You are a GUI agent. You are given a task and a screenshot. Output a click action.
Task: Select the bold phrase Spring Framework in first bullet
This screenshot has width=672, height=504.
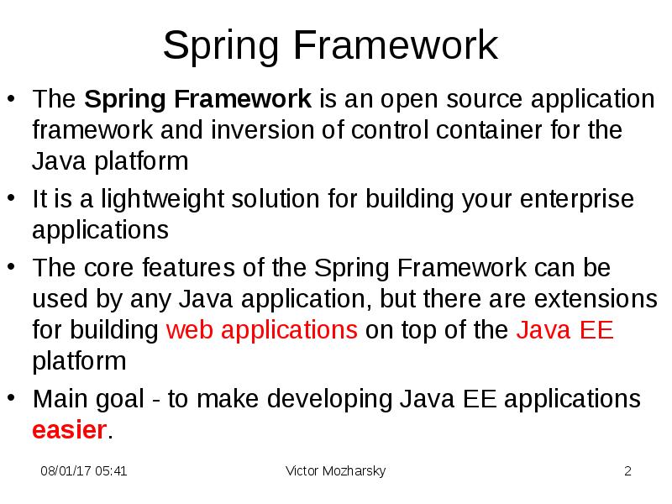(198, 100)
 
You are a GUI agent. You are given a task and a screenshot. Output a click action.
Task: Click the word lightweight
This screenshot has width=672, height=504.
(172, 200)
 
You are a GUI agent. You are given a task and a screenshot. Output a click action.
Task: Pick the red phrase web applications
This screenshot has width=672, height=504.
(263, 330)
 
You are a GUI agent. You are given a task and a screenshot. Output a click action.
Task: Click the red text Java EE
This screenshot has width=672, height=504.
(564, 330)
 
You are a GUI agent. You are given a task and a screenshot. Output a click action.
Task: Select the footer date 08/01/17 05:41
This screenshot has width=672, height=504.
(84, 471)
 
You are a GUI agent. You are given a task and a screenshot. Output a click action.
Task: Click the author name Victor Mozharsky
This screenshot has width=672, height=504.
(335, 471)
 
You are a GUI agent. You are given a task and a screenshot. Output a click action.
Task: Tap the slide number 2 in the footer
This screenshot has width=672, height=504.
(627, 471)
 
